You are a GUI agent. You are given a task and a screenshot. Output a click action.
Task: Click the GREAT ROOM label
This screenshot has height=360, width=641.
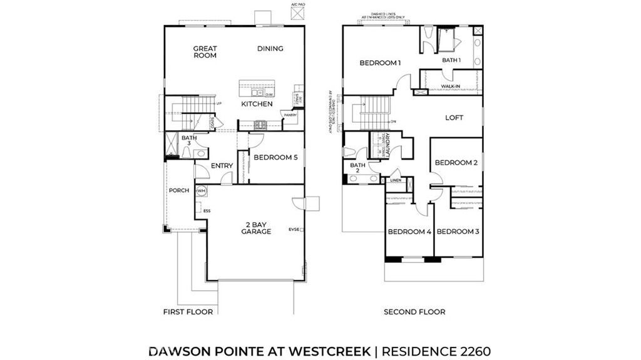pyautogui.click(x=204, y=52)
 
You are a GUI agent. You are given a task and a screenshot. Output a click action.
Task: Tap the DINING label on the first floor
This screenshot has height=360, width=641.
pyautogui.click(x=270, y=49)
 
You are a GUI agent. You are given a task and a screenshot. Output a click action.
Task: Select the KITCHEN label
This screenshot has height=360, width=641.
pyautogui.click(x=257, y=104)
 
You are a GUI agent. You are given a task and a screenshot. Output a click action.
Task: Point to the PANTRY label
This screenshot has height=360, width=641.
pyautogui.click(x=290, y=115)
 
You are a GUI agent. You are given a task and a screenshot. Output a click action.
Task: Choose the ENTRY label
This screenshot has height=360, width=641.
pyautogui.click(x=222, y=166)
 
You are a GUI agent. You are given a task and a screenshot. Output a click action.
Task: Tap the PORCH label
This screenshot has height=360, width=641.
pyautogui.click(x=179, y=190)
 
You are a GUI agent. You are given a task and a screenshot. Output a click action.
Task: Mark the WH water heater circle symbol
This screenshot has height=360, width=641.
pyautogui.click(x=202, y=190)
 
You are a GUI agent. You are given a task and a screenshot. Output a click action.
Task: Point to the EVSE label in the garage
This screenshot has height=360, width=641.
pyautogui.click(x=294, y=229)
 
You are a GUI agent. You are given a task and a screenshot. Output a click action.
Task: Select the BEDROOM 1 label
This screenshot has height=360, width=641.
pyautogui.click(x=379, y=63)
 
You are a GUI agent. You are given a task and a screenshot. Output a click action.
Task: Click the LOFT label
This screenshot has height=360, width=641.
pyautogui.click(x=454, y=118)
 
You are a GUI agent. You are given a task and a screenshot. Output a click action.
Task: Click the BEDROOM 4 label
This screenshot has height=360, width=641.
pyautogui.click(x=409, y=232)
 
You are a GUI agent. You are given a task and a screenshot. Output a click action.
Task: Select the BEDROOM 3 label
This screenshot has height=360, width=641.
pyautogui.click(x=458, y=232)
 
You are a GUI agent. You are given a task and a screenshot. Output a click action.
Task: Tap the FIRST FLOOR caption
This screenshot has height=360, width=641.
pyautogui.click(x=188, y=312)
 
